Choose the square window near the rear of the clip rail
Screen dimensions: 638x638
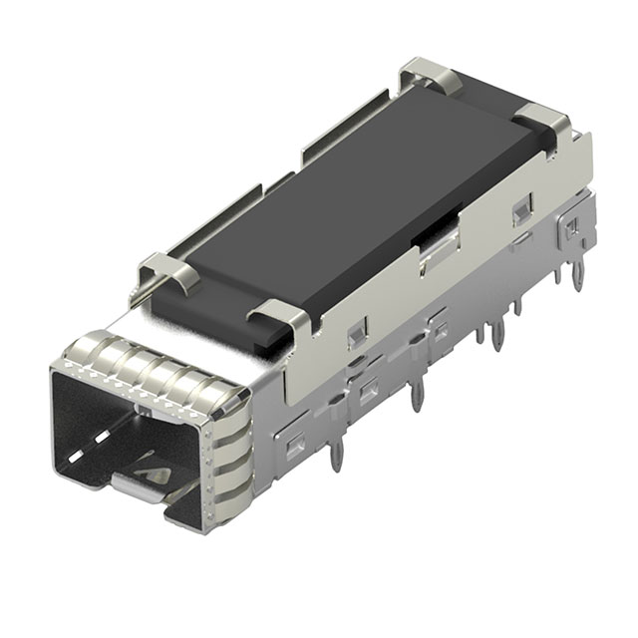[x=519, y=210]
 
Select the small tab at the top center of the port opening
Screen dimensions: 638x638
[x=142, y=409]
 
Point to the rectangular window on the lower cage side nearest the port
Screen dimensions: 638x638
[x=295, y=445]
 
